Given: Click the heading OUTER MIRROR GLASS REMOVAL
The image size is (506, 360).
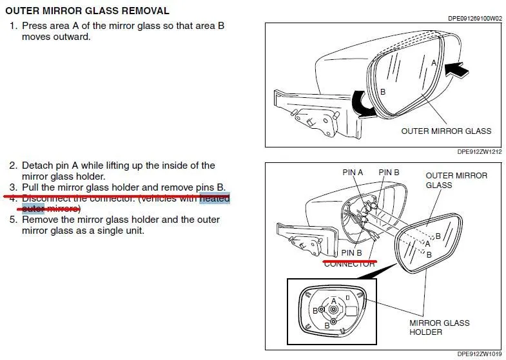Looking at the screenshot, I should [88, 11].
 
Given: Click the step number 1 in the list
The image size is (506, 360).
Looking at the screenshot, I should [12, 26].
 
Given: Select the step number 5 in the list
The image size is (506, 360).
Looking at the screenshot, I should [12, 220].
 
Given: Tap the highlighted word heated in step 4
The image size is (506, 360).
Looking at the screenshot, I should [215, 198].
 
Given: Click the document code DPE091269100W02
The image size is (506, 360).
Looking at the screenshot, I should [474, 19].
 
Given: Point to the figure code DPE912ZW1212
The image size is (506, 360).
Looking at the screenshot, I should [479, 152].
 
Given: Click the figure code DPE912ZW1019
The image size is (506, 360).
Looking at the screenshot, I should [479, 354].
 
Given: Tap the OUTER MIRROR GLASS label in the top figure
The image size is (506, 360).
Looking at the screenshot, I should [446, 131].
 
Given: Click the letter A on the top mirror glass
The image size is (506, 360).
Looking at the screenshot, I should [434, 62].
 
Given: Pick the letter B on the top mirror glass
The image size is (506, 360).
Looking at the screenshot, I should [383, 92].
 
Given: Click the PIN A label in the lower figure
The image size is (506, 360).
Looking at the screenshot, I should [353, 173].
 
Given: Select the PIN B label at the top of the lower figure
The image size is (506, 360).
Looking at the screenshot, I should [389, 173].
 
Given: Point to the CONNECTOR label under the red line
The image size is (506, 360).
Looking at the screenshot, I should [349, 264].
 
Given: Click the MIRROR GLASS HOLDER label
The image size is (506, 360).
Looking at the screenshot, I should [439, 327].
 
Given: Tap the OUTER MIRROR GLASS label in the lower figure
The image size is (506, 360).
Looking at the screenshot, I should [456, 180].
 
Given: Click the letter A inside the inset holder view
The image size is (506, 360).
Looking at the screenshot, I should [333, 301].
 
